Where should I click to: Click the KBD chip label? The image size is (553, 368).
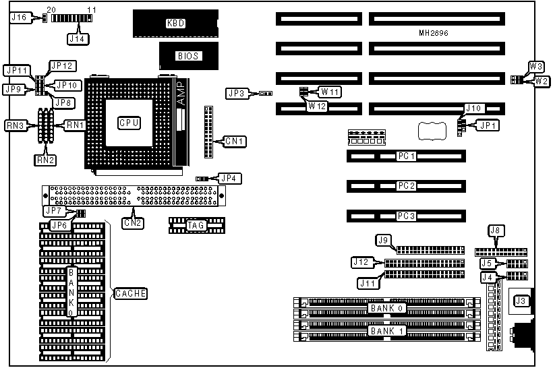point(175,23)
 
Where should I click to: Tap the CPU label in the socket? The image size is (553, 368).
point(128,123)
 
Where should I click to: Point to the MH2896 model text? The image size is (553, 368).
point(433,33)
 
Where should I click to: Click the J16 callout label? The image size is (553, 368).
point(20,18)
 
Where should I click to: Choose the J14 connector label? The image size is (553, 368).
point(77,39)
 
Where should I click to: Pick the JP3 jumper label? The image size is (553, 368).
point(237,94)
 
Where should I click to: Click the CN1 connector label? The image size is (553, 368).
point(235,141)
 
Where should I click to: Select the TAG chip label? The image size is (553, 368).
point(195,225)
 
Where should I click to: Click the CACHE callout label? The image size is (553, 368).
point(130,294)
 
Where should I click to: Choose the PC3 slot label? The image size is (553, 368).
point(405,216)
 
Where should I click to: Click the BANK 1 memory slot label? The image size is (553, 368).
point(386,332)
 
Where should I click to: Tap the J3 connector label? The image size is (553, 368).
point(521,301)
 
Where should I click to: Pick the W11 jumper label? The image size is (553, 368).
point(330,91)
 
